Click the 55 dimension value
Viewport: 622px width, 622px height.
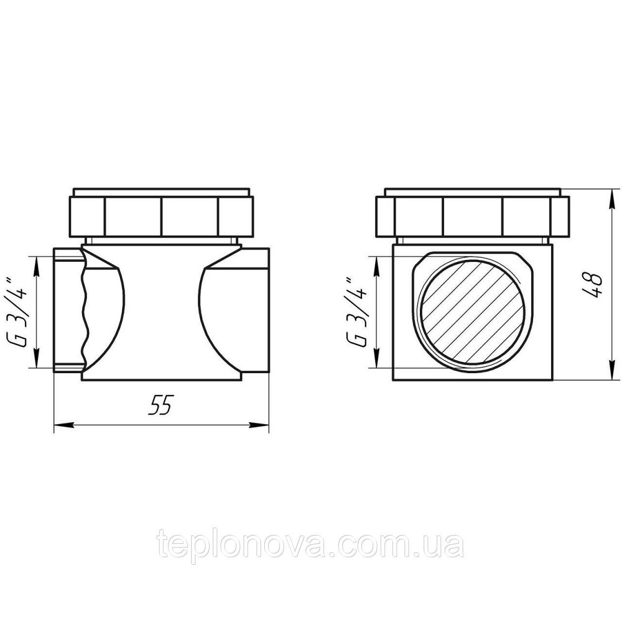click(161, 405)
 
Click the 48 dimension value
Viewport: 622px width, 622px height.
click(593, 284)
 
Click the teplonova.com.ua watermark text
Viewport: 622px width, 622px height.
click(311, 544)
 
